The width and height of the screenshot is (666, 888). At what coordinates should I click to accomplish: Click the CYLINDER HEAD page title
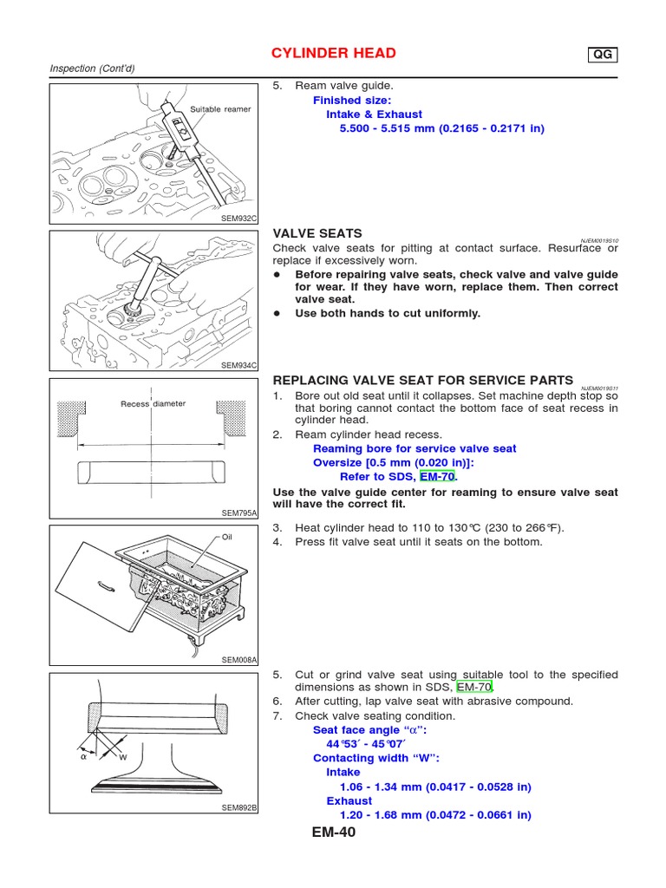334,54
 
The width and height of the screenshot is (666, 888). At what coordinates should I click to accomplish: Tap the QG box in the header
603,55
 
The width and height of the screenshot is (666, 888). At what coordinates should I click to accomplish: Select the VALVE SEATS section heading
317,234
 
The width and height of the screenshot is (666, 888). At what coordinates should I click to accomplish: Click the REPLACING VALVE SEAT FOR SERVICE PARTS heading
423,380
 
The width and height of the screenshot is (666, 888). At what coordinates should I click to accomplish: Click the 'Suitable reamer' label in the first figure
219,109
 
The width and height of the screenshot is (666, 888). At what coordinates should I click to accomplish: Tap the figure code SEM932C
239,218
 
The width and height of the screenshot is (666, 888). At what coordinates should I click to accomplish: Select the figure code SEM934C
239,365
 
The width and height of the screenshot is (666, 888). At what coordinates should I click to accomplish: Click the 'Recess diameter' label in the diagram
153,404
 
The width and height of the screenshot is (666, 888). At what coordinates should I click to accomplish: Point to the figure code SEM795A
239,513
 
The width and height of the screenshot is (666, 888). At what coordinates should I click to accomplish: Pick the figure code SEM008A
239,660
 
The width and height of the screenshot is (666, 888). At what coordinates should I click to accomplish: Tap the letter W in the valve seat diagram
122,757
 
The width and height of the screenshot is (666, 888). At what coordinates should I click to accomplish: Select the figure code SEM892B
239,807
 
